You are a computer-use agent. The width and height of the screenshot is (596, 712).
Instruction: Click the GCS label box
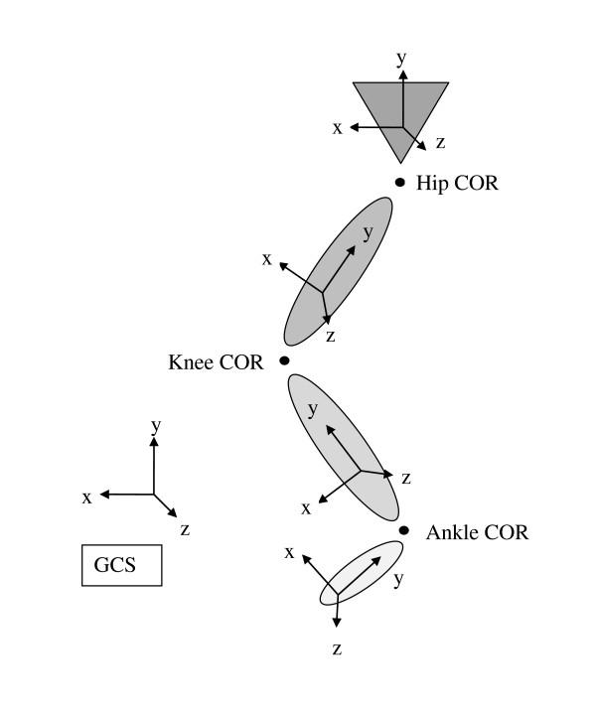point(121,565)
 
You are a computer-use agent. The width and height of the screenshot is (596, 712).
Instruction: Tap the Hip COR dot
point(400,182)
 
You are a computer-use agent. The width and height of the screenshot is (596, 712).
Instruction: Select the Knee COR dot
point(284,360)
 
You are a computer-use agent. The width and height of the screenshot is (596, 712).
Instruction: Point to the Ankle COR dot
point(404,530)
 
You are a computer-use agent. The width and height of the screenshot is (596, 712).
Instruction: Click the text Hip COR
point(457,184)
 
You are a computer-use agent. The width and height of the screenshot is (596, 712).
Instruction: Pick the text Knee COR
point(216,362)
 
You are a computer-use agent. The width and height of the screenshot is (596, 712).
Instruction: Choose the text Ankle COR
point(477,533)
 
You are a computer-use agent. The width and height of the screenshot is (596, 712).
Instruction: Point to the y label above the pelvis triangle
point(401,59)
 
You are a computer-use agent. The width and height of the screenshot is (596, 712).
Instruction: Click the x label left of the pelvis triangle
point(338,127)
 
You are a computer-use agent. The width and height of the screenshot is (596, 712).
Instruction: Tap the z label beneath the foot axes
point(337,649)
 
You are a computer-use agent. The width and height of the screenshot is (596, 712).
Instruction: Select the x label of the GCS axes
point(86,497)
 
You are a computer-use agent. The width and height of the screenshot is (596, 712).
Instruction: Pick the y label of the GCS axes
point(156,426)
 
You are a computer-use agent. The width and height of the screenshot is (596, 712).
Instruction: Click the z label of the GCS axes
point(185,529)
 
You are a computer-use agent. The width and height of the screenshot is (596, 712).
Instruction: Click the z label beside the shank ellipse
point(405,478)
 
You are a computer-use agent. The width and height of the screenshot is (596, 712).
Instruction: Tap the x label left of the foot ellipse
point(289,551)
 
